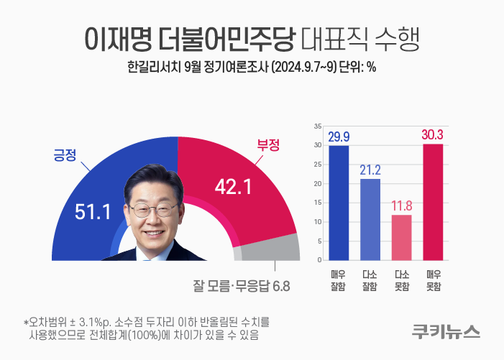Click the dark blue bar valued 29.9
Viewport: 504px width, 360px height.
[x=339, y=202]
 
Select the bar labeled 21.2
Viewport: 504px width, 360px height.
[x=370, y=218]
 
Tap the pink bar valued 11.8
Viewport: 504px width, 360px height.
[x=402, y=236]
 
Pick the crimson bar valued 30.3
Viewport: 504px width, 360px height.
[x=433, y=201]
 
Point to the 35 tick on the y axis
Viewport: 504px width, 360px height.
[x=317, y=126]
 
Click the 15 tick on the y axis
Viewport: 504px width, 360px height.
[x=317, y=203]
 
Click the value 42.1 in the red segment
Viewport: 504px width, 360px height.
[x=232, y=187]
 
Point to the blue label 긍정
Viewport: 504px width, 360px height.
[x=65, y=154]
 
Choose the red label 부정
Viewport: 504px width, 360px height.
[x=268, y=144]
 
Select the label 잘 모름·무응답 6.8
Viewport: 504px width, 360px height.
[x=241, y=285]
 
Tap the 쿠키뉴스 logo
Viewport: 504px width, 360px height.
[x=446, y=331]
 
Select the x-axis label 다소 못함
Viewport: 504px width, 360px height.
[x=402, y=280]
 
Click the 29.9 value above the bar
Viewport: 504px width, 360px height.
[x=339, y=137]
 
